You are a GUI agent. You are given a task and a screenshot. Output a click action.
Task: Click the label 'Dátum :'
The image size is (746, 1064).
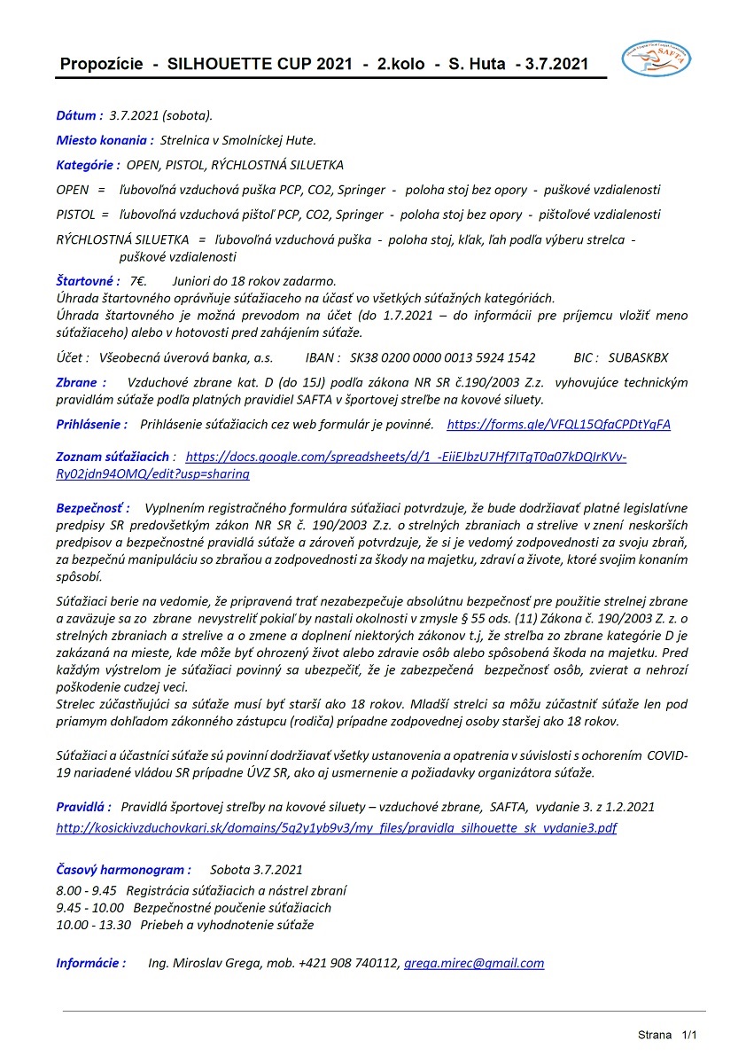coord(80,116)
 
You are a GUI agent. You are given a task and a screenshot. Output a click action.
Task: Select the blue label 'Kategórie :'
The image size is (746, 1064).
coord(88,165)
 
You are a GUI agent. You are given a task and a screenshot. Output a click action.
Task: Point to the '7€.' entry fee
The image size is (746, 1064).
coord(138,280)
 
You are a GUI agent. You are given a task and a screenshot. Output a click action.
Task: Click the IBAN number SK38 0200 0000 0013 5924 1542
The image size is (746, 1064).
coord(443,357)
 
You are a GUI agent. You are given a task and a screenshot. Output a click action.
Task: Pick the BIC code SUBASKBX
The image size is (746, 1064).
coord(639,357)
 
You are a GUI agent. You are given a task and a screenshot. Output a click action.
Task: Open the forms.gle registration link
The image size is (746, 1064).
coord(558,425)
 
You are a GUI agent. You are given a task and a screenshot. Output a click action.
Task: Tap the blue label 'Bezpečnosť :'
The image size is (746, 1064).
coord(93,508)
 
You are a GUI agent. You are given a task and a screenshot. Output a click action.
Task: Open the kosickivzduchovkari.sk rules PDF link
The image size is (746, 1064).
coord(337,828)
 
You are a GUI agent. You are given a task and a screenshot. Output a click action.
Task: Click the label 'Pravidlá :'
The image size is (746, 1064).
coord(83,807)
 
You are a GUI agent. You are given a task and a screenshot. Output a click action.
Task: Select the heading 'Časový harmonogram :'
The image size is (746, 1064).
coord(123,870)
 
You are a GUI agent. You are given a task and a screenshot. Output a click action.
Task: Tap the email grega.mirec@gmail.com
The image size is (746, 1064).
coord(474,963)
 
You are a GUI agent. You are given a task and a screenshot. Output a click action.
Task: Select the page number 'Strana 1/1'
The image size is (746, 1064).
coord(667,1035)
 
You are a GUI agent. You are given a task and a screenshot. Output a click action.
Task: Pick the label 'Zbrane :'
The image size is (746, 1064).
coord(81,382)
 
